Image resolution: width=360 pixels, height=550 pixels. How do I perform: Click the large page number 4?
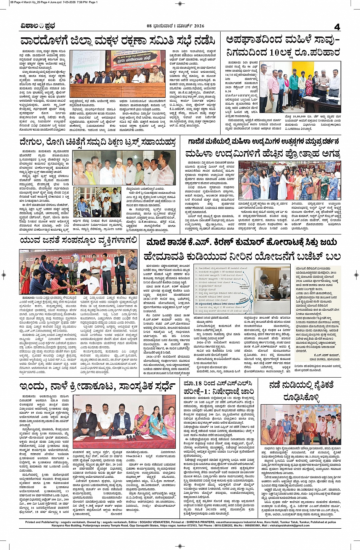click(x=337, y=26)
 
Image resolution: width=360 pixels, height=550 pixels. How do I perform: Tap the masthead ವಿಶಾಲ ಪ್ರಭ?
click(x=38, y=26)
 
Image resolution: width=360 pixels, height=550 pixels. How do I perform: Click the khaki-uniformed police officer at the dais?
click(x=156, y=74)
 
